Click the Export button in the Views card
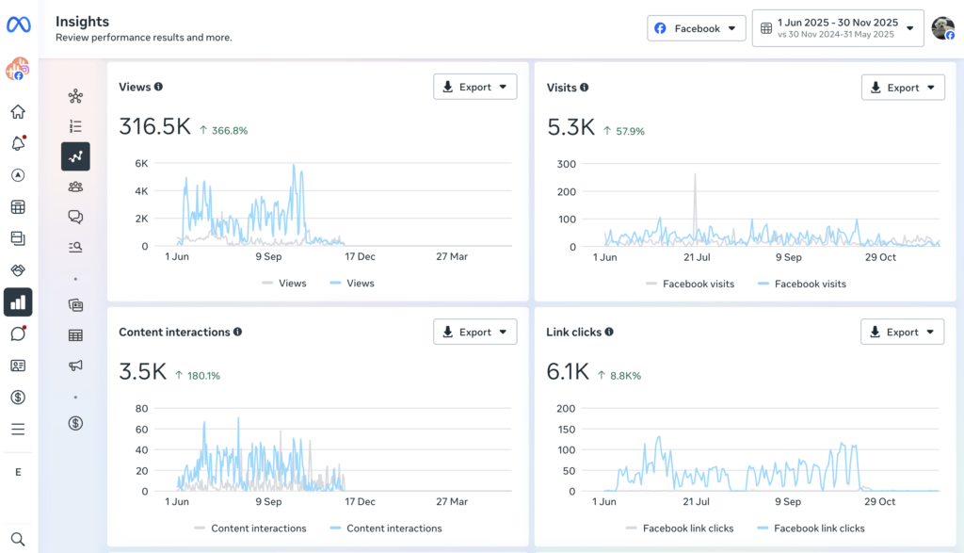pyautogui.click(x=474, y=87)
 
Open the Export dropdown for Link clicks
pyautogui.click(x=902, y=332)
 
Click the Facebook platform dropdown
pyautogui.click(x=696, y=28)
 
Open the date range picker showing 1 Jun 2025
pyautogui.click(x=837, y=28)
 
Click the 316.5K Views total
pyautogui.click(x=154, y=127)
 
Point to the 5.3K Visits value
pyautogui.click(x=570, y=127)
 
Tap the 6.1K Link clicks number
pyautogui.click(x=568, y=372)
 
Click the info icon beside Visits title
pyautogui.click(x=585, y=88)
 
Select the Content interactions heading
pyautogui.click(x=174, y=332)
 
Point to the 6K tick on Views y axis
pyautogui.click(x=141, y=163)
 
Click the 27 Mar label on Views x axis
pyautogui.click(x=452, y=256)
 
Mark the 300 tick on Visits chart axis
pyautogui.click(x=565, y=164)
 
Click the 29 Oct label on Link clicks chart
pyautogui.click(x=880, y=502)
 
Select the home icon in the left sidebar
pyautogui.click(x=18, y=112)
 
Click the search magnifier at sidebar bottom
pyautogui.click(x=18, y=539)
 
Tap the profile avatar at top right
pyautogui.click(x=942, y=28)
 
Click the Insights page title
pyautogui.click(x=82, y=22)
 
